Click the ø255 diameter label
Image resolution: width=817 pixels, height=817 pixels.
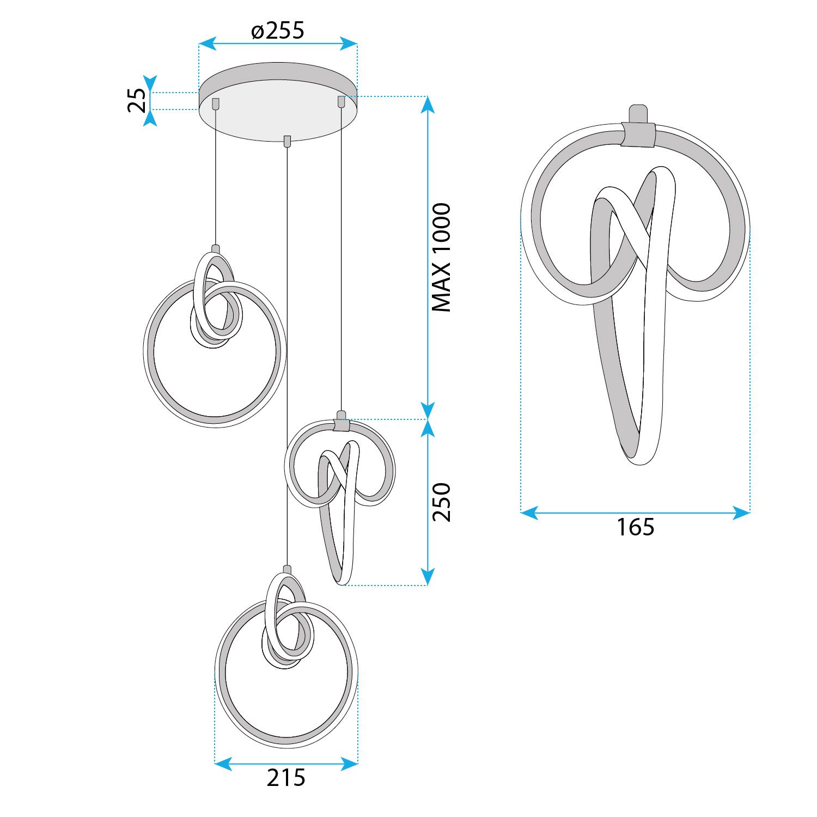coord(278,31)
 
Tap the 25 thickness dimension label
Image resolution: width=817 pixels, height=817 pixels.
coord(137,100)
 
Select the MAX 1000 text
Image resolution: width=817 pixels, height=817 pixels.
coord(441,257)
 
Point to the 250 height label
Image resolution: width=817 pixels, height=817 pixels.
coord(441,502)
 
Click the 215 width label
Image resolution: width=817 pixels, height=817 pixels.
coord(286,778)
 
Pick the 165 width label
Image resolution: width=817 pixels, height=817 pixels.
coord(635,527)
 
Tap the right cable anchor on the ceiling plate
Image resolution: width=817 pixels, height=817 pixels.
coord(342,101)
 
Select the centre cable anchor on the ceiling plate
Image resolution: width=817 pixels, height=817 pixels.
coord(287,141)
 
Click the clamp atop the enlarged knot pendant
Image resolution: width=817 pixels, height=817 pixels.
coord(638,134)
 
